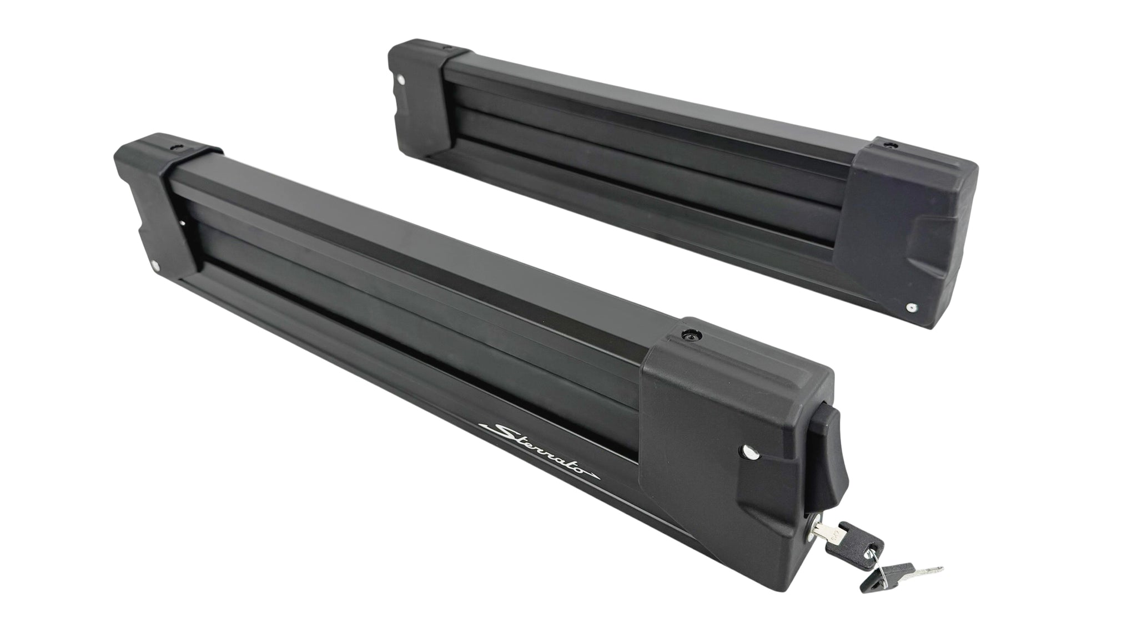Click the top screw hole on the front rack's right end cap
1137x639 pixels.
tap(691, 336)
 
